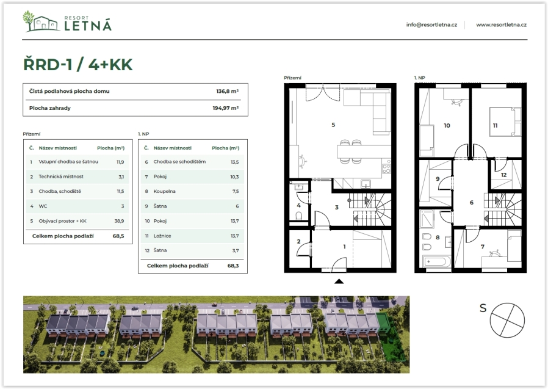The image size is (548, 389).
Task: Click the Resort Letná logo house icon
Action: click(41, 22)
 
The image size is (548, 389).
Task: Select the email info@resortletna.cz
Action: click(431, 25)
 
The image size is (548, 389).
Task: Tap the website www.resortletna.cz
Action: click(501, 25)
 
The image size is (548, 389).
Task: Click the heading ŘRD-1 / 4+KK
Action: click(78, 64)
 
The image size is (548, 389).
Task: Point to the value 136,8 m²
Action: click(227, 92)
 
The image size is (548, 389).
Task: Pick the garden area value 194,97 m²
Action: click(225, 108)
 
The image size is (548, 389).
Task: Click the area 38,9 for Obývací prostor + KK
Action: click(119, 221)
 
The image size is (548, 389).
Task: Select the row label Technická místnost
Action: click(61, 176)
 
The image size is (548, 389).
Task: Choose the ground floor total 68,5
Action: click(118, 236)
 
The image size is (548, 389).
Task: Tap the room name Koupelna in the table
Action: click(164, 191)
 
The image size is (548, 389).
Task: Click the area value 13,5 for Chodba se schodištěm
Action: click(234, 162)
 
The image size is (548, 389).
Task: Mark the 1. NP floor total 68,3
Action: click(233, 266)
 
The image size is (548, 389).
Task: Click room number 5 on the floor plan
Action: click(333, 125)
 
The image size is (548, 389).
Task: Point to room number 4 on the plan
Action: click(299, 205)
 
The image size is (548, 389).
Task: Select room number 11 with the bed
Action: click(496, 126)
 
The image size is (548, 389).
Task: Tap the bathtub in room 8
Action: click(436, 261)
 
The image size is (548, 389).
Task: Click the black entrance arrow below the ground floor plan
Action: click(339, 282)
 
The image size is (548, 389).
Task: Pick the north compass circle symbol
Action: click(507, 320)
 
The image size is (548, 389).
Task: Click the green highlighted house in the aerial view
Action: click(384, 322)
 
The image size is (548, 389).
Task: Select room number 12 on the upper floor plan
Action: click(503, 175)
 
